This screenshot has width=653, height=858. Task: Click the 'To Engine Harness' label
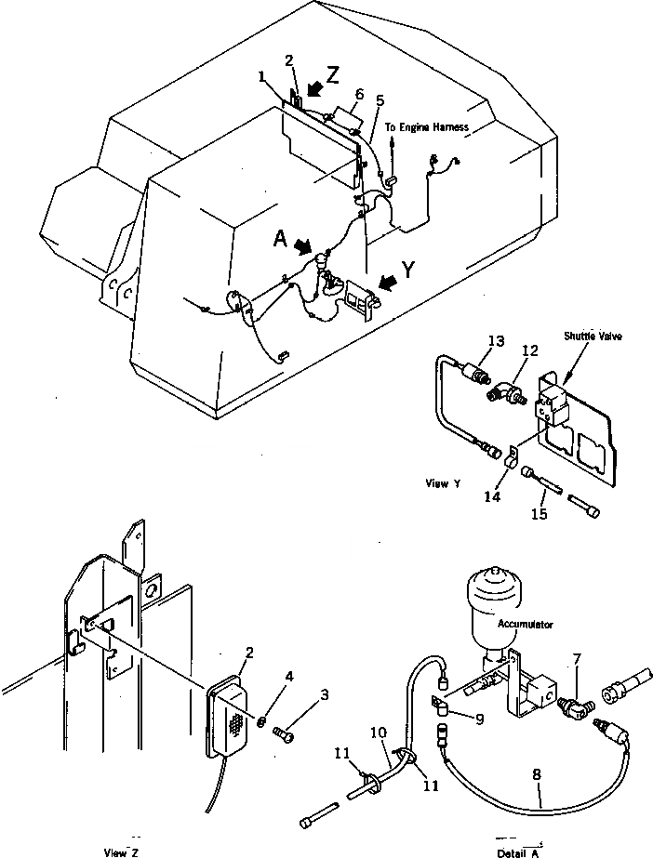coord(429,127)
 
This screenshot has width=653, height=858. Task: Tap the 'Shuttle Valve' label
coord(587,338)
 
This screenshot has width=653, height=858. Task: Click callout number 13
coord(497,342)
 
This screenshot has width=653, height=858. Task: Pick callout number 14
coord(493,497)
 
